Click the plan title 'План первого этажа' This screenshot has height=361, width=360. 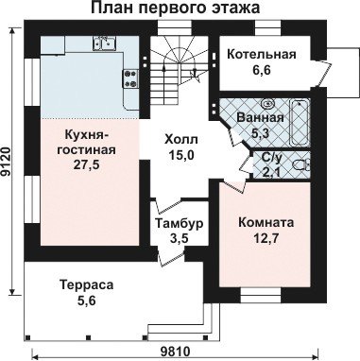(176, 8)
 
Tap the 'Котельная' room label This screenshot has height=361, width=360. (262, 54)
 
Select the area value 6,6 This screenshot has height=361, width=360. (262, 70)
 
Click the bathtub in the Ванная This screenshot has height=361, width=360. (300, 123)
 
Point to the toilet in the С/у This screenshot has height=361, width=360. (300, 165)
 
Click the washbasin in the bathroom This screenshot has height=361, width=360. (268, 103)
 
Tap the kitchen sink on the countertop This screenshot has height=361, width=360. (104, 43)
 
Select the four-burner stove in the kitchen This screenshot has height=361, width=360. (130, 78)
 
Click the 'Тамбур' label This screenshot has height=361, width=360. (180, 223)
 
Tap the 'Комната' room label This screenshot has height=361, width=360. (266, 223)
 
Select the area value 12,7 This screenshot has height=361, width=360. (266, 238)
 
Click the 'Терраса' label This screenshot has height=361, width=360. (87, 285)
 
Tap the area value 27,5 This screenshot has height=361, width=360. (87, 165)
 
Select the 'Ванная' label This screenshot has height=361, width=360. (260, 118)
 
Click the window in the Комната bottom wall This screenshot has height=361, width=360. (261, 295)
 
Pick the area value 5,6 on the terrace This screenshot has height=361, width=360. (87, 301)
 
